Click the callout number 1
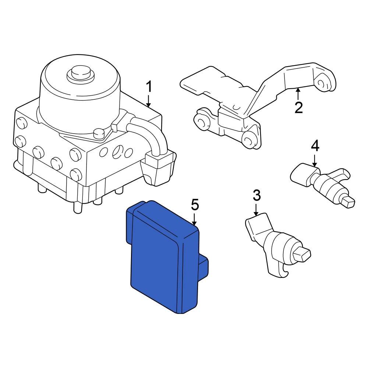pos(149,88)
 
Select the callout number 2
pos(298,107)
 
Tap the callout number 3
pos(256,195)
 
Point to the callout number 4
pos(315,146)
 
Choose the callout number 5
pos(195,205)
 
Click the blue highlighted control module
pos(158,261)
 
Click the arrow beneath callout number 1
pos(149,101)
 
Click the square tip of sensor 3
pos(302,254)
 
